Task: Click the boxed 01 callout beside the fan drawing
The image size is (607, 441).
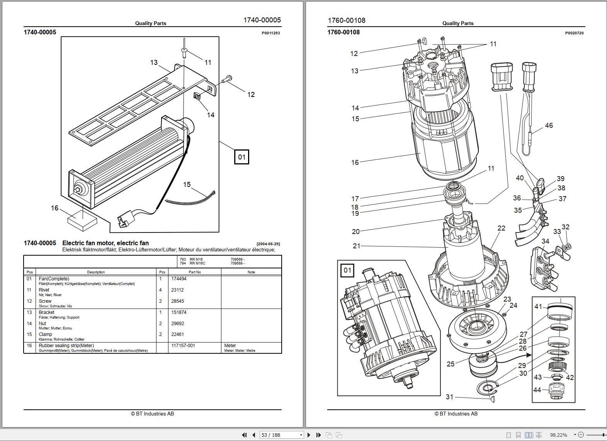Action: [x=241, y=157]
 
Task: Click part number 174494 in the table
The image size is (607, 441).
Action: [x=179, y=279]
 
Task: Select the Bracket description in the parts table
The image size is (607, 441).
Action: [x=46, y=312]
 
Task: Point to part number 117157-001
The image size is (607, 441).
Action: [x=183, y=346]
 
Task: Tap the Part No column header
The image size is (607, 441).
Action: [x=195, y=272]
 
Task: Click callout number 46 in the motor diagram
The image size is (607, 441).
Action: [x=549, y=126]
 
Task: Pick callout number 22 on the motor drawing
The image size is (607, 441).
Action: [x=501, y=228]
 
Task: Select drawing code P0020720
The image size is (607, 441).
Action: [x=574, y=33]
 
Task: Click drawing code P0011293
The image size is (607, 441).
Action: [x=270, y=33]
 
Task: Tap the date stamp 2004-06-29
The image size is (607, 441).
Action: [x=268, y=244]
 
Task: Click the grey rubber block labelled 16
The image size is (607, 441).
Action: [x=82, y=220]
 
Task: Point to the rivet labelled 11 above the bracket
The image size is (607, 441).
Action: [x=185, y=50]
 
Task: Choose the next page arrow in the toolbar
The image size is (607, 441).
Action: [x=309, y=435]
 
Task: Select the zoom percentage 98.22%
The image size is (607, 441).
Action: [x=558, y=435]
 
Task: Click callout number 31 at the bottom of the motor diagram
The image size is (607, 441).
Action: [x=449, y=397]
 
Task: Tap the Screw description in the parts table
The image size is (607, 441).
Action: [x=45, y=301]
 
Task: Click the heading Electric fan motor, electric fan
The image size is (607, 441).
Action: [x=105, y=243]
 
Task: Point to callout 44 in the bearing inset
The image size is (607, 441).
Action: [x=537, y=390]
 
